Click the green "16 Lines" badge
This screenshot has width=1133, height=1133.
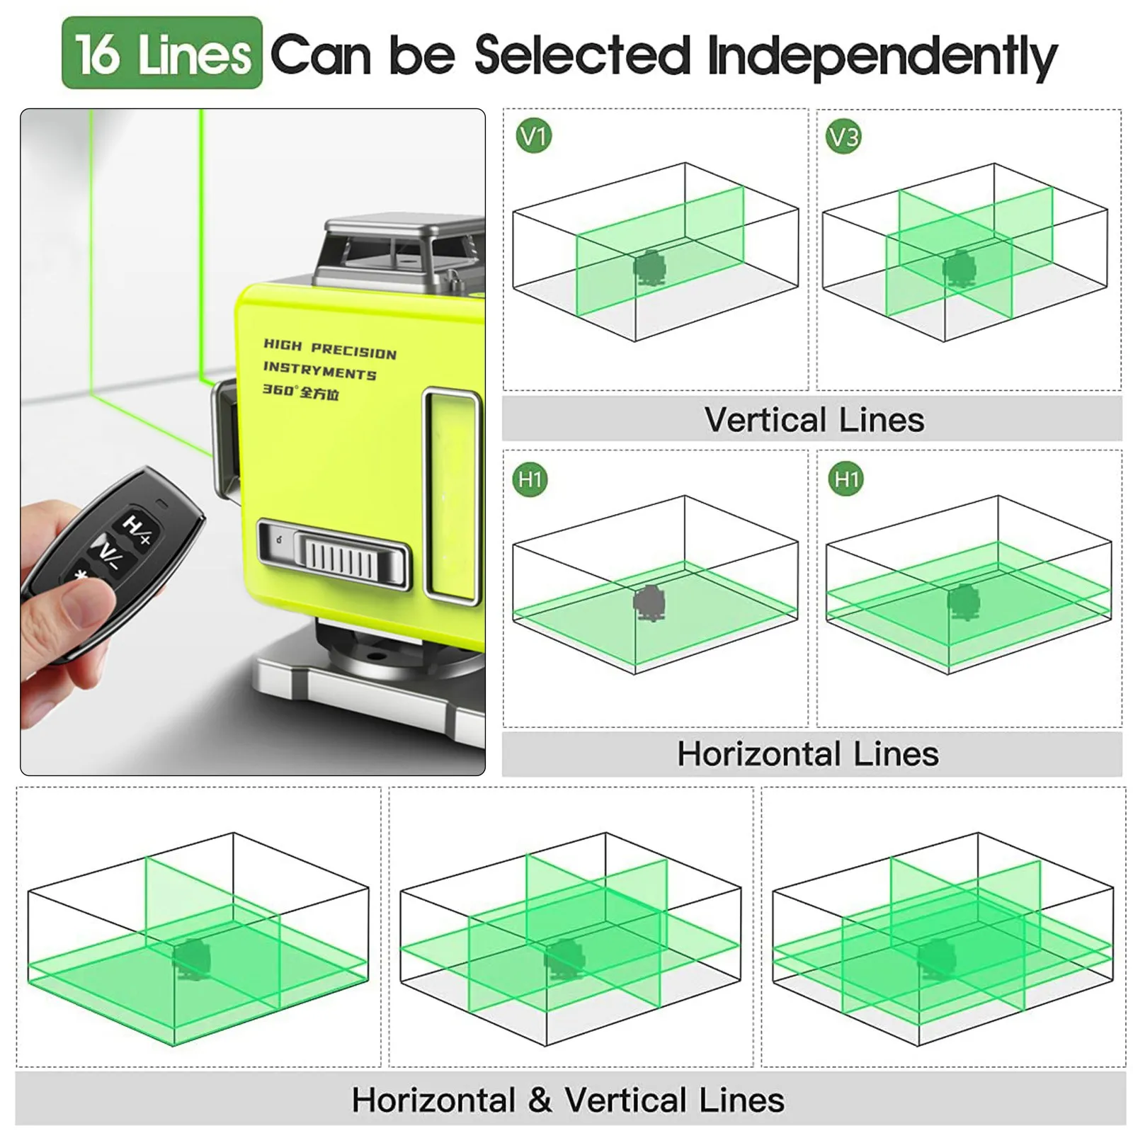[x=162, y=53]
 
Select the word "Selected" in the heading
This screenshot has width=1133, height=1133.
[x=582, y=55]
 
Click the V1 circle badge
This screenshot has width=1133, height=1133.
[x=534, y=136]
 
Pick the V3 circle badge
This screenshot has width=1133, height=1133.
[x=843, y=137]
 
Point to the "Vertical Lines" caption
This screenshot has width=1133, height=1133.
[x=814, y=420]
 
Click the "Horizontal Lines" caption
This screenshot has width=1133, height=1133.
[x=808, y=753]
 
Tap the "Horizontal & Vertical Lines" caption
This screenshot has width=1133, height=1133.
[x=568, y=1100]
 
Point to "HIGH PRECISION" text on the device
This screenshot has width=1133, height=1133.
[x=330, y=349]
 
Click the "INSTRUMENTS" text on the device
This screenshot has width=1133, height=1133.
[x=319, y=370]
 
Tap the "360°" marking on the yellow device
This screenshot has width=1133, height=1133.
[x=277, y=389]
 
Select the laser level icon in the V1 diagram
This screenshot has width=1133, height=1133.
[x=650, y=268]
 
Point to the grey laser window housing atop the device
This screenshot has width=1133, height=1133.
[x=400, y=255]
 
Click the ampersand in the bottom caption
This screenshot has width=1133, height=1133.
[x=540, y=1100]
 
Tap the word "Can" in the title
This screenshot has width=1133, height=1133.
[x=321, y=55]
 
